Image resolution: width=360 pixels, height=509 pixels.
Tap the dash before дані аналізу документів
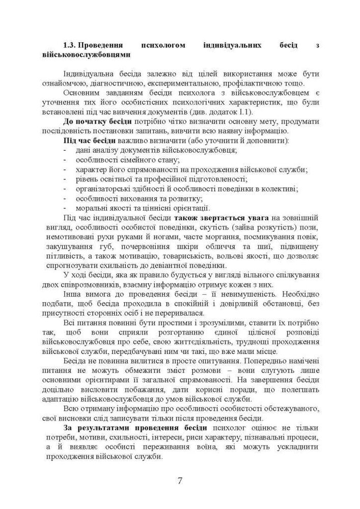pyautogui.click(x=65, y=150)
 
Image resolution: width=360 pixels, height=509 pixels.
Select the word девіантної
pyautogui.click(x=157, y=265)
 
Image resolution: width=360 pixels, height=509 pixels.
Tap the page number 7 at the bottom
pyautogui.click(x=180, y=480)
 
